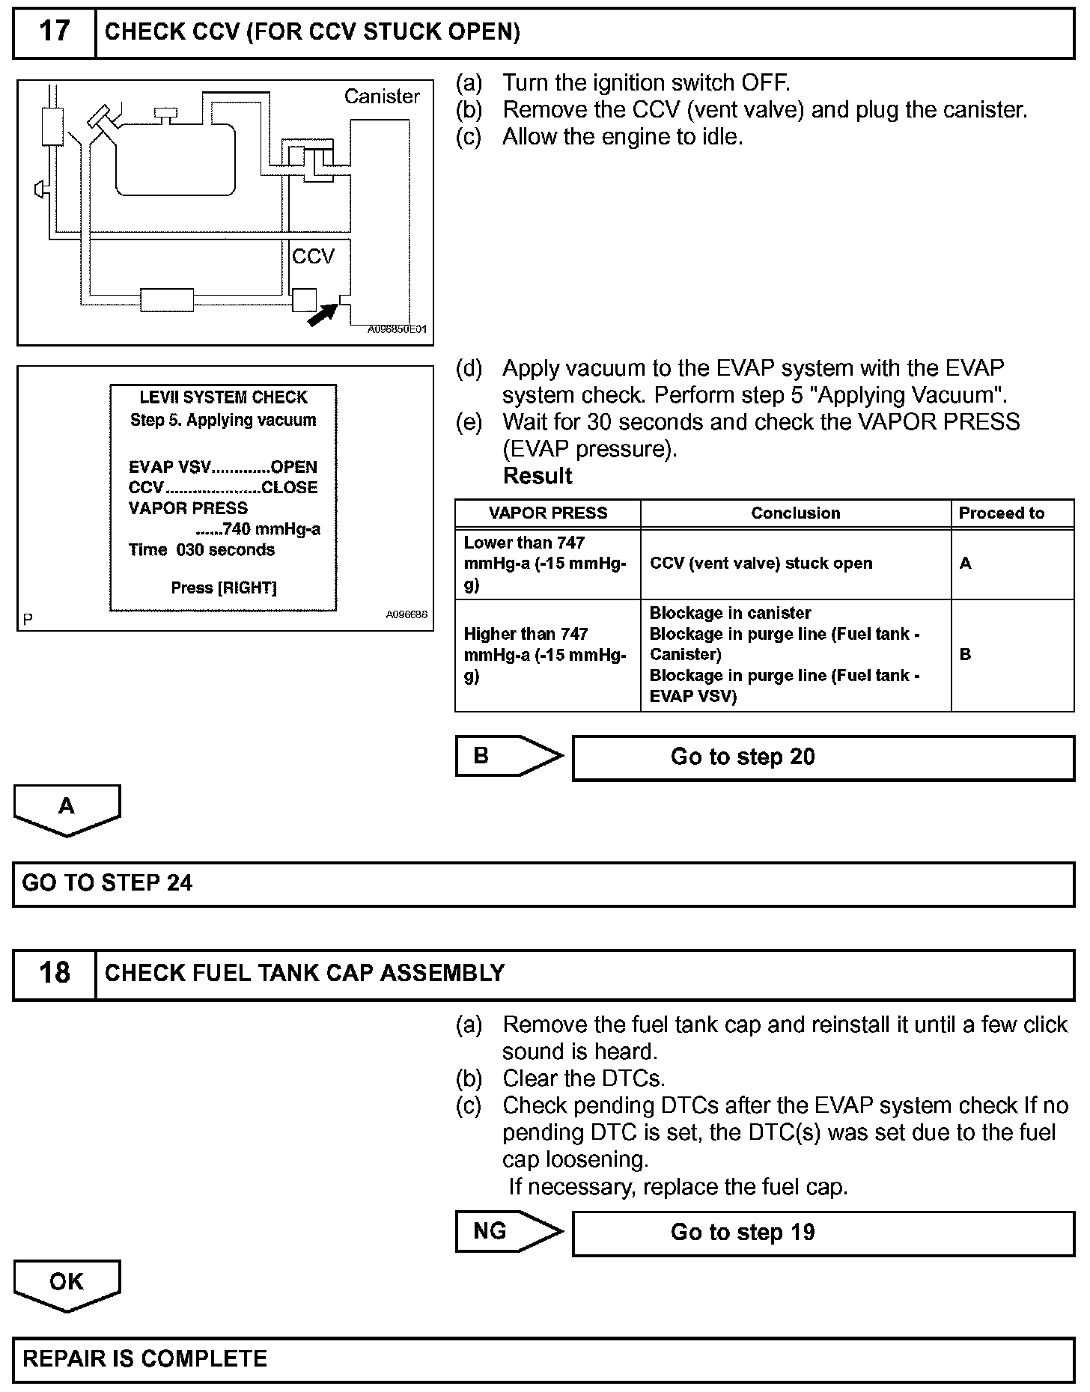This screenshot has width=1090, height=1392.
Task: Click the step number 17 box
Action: tap(54, 32)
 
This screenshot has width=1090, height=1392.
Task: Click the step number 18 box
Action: tap(54, 974)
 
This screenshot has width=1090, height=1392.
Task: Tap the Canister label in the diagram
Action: tap(382, 97)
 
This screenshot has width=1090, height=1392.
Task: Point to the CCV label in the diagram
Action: tap(313, 257)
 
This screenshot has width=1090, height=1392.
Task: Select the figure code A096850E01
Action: tap(397, 329)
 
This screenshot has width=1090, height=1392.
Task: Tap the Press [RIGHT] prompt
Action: tap(224, 588)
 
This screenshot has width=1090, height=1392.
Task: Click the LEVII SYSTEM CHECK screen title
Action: tap(224, 397)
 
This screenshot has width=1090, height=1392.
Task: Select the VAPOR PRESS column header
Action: tap(548, 513)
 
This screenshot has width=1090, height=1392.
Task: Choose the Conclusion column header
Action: tap(795, 513)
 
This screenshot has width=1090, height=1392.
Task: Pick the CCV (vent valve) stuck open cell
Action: tap(761, 564)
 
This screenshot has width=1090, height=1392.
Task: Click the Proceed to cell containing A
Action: tap(966, 564)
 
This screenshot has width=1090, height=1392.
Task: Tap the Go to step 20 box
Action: tap(823, 757)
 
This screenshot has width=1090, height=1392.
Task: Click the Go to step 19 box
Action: tap(823, 1233)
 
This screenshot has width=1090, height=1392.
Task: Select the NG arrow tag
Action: tap(502, 1231)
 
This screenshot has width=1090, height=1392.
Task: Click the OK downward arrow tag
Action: tap(67, 1283)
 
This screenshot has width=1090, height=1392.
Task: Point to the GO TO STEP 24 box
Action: tap(544, 884)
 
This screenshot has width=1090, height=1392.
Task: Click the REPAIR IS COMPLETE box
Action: tap(544, 1359)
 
